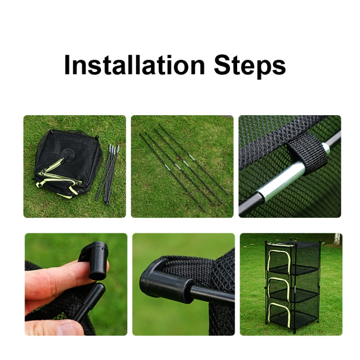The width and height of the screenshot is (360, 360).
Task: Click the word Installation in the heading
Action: tap(134, 65)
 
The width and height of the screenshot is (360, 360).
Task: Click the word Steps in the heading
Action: tap(250, 67)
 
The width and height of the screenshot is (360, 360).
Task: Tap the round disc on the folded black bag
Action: tap(68, 153)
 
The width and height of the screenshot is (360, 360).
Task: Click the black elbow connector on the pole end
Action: tap(161, 280)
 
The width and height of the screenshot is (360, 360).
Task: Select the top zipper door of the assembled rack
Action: tap(279, 260)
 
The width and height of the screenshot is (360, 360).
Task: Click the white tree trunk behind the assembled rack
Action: tap(337, 239)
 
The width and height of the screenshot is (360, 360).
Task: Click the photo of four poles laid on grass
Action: tap(182, 167)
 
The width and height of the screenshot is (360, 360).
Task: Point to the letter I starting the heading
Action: tap(67, 65)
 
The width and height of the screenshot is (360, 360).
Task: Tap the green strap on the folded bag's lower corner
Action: tap(73, 191)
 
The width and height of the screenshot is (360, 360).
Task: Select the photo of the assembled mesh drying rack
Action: tap(291, 284)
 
